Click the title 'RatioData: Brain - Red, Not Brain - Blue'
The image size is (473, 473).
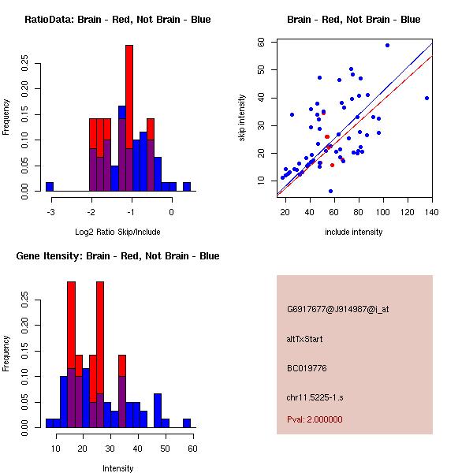(117, 20)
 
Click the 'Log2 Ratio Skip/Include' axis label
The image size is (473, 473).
(117, 231)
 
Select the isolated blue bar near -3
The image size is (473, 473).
(50, 186)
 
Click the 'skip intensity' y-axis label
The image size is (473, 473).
(243, 118)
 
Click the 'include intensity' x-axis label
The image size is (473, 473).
(354, 232)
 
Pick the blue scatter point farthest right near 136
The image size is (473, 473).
(426, 99)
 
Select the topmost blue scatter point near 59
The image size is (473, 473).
(387, 45)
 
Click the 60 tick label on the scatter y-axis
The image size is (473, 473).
(260, 42)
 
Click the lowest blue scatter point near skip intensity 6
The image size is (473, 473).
(330, 191)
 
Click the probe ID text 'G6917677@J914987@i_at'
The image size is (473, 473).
(337, 309)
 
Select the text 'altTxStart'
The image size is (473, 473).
(304, 339)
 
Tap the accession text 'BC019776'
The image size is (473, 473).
(306, 368)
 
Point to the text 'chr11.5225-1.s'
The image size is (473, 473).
(314, 397)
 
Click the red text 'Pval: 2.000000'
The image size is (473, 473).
(315, 419)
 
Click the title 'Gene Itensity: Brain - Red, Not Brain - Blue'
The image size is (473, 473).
(117, 256)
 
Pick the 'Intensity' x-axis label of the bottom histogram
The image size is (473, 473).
(117, 468)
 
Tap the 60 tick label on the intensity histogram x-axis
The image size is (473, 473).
(192, 449)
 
